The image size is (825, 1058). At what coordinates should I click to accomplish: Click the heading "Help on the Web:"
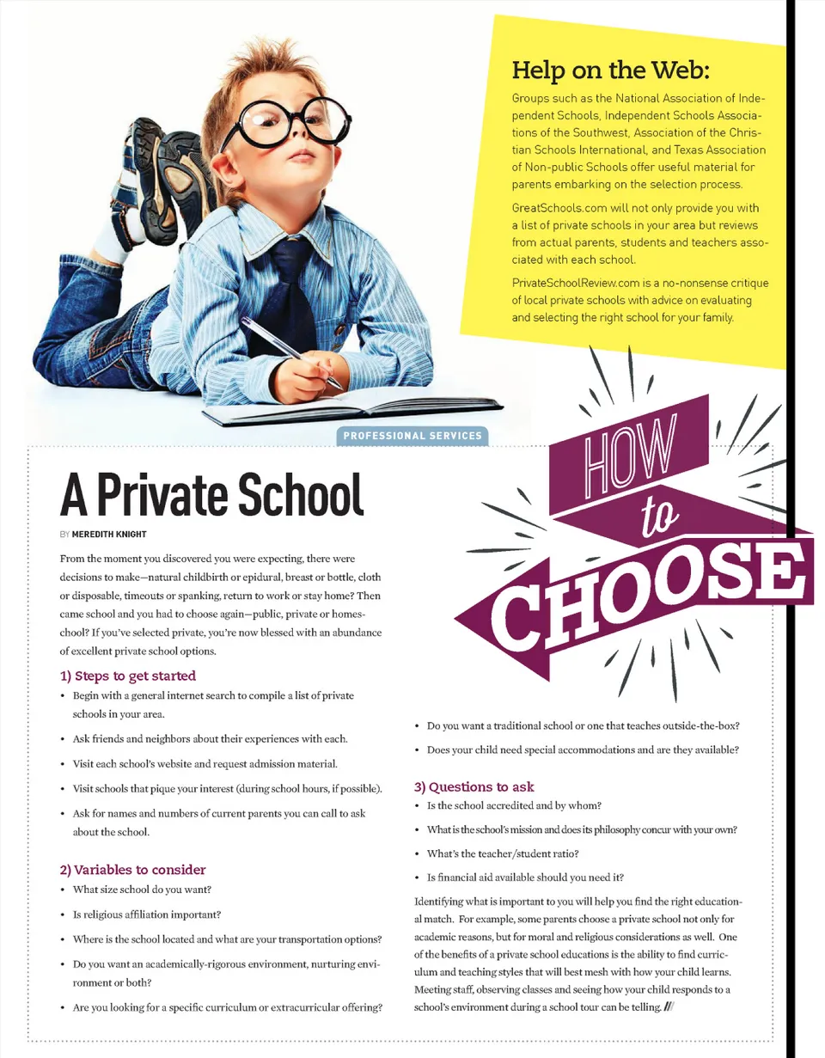tap(611, 68)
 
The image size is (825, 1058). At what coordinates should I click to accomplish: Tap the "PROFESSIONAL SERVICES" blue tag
tap(412, 436)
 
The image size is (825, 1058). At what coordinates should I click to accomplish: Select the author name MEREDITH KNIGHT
tap(109, 534)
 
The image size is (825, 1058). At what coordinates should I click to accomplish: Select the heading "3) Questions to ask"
tap(474, 786)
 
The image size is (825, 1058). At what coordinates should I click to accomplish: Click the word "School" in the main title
tap(298, 494)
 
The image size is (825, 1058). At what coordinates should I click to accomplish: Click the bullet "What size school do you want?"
tap(142, 889)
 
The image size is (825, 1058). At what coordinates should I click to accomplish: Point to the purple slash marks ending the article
tap(668, 1007)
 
